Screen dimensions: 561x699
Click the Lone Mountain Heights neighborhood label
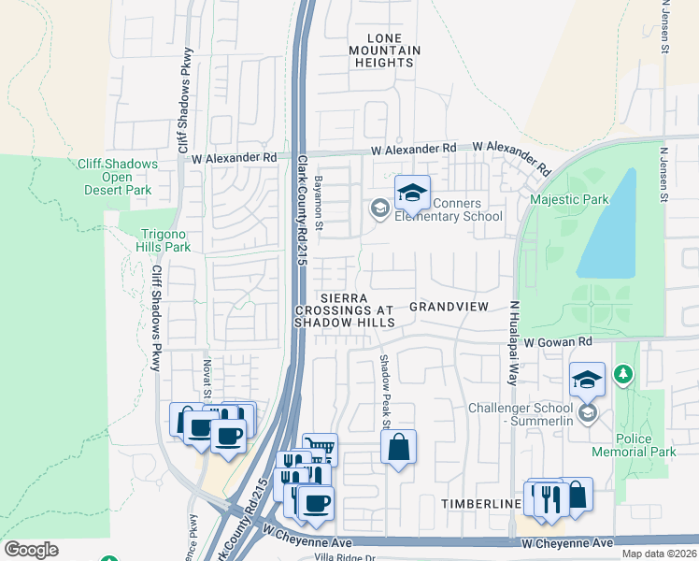point(384,50)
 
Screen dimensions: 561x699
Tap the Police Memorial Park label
point(646,445)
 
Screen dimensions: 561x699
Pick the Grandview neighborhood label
point(449,307)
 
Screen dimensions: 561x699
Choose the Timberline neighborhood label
point(481,503)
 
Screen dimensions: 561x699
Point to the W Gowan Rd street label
point(558,343)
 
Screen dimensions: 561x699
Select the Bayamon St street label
point(319,202)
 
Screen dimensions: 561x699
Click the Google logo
point(31,549)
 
